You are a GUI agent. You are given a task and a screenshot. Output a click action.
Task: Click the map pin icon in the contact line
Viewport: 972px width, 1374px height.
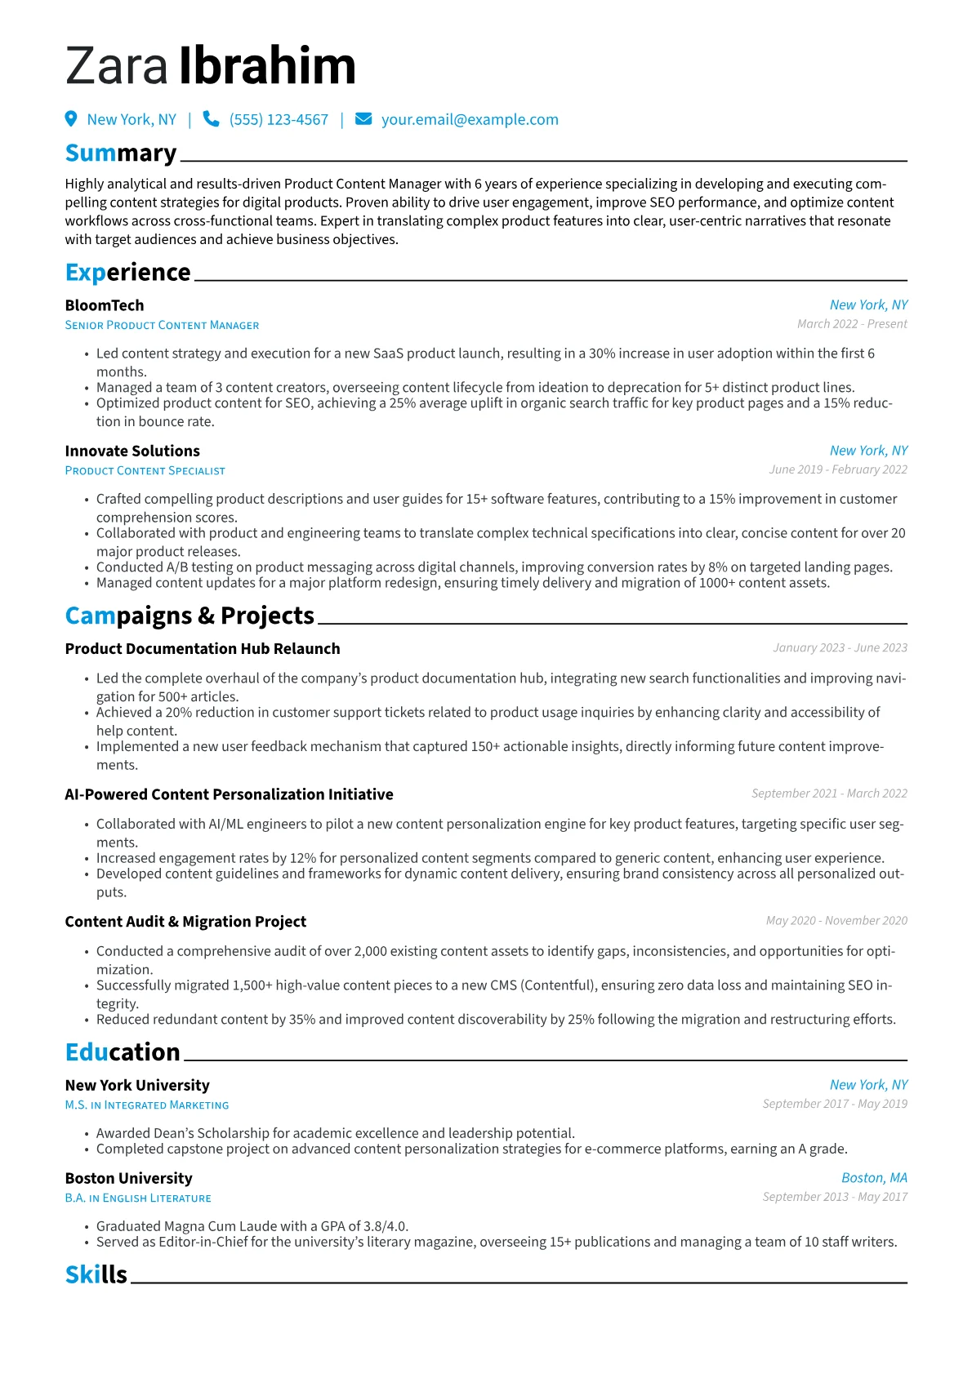pyautogui.click(x=71, y=119)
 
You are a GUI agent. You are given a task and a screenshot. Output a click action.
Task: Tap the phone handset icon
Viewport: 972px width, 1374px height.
pyautogui.click(x=211, y=119)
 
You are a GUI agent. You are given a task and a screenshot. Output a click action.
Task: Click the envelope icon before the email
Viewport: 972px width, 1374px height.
pyautogui.click(x=363, y=119)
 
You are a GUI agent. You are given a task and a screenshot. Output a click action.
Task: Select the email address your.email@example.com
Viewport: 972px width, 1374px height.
pyautogui.click(x=470, y=120)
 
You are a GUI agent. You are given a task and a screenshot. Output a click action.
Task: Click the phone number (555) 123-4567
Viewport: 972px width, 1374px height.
pyautogui.click(x=279, y=120)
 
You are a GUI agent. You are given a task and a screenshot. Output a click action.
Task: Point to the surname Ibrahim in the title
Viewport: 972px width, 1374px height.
pyautogui.click(x=267, y=66)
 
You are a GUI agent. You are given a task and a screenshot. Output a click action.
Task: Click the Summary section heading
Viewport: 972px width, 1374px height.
pyautogui.click(x=121, y=153)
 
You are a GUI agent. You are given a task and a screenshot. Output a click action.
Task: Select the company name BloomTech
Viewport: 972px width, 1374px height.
pyautogui.click(x=105, y=305)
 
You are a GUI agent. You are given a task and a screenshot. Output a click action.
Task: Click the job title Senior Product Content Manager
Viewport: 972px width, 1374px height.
pyautogui.click(x=162, y=325)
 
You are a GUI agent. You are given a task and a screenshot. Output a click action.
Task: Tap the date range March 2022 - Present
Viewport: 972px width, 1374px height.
pyautogui.click(x=852, y=324)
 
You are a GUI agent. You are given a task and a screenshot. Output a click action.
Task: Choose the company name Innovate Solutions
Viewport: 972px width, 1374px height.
pyautogui.click(x=132, y=451)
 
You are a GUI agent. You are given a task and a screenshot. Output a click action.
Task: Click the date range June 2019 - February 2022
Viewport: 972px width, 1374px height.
pyautogui.click(x=838, y=469)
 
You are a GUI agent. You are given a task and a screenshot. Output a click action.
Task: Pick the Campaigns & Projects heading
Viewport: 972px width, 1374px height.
pyautogui.click(x=189, y=616)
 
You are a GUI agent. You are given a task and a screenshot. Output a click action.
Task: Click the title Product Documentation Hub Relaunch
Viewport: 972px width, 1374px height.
pyautogui.click(x=203, y=649)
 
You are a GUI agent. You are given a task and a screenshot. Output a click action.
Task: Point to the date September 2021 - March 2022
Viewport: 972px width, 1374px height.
pyautogui.click(x=829, y=794)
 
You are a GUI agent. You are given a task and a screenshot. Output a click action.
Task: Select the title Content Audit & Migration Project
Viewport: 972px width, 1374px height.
pyautogui.click(x=185, y=922)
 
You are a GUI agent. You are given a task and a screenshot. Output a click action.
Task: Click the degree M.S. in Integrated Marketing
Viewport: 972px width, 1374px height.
pyautogui.click(x=147, y=1105)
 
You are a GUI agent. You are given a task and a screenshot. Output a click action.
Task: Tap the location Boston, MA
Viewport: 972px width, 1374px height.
pyautogui.click(x=874, y=1178)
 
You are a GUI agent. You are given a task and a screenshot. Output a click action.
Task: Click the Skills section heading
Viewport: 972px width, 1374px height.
pyautogui.click(x=96, y=1274)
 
